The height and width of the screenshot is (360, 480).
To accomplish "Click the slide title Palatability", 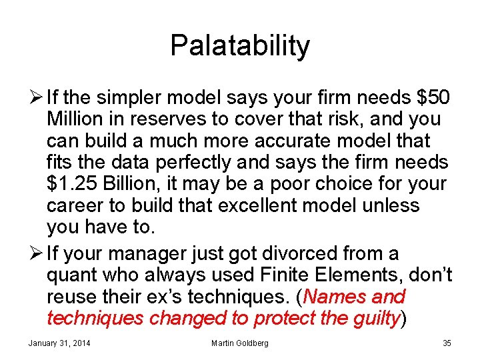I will point(240,45).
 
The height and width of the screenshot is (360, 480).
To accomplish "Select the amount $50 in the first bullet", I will point(433,97).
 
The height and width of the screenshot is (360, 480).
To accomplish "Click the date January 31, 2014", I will point(59,343).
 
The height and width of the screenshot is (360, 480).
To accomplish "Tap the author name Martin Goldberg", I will point(239,343).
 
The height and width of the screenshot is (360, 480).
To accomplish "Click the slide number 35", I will point(447,343).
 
